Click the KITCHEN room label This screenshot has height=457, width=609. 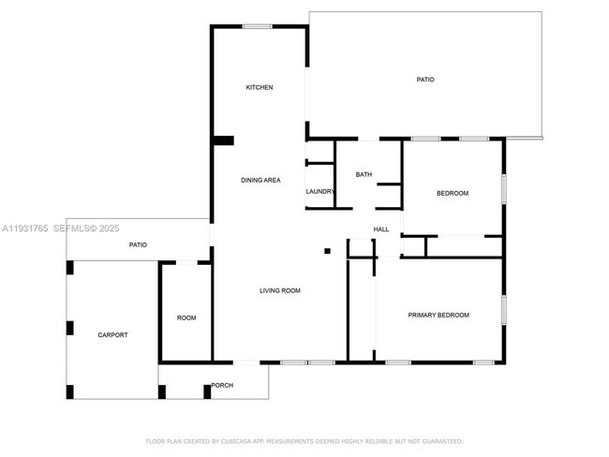(x=260, y=87)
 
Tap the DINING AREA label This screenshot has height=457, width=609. (x=260, y=180)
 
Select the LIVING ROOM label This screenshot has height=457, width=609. (x=280, y=290)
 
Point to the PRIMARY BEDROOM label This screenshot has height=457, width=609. (x=438, y=315)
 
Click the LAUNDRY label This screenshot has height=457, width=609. (x=319, y=191)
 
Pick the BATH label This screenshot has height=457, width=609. (x=364, y=175)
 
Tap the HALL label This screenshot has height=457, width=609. (x=381, y=229)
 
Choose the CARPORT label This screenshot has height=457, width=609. (x=112, y=335)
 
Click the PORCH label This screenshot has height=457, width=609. (x=222, y=385)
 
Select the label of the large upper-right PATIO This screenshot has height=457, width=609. (x=425, y=80)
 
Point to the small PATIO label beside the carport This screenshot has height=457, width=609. (x=138, y=245)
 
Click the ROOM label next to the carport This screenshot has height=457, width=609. (x=186, y=318)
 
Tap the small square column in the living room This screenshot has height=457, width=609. (x=327, y=251)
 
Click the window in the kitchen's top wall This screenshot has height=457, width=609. (x=257, y=26)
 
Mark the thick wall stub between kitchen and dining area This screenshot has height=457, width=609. (x=224, y=140)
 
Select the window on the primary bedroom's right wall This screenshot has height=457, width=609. (x=504, y=310)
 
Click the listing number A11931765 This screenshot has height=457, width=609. (x=25, y=228)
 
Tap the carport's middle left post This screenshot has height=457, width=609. (x=70, y=328)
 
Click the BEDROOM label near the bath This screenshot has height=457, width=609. (x=453, y=193)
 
